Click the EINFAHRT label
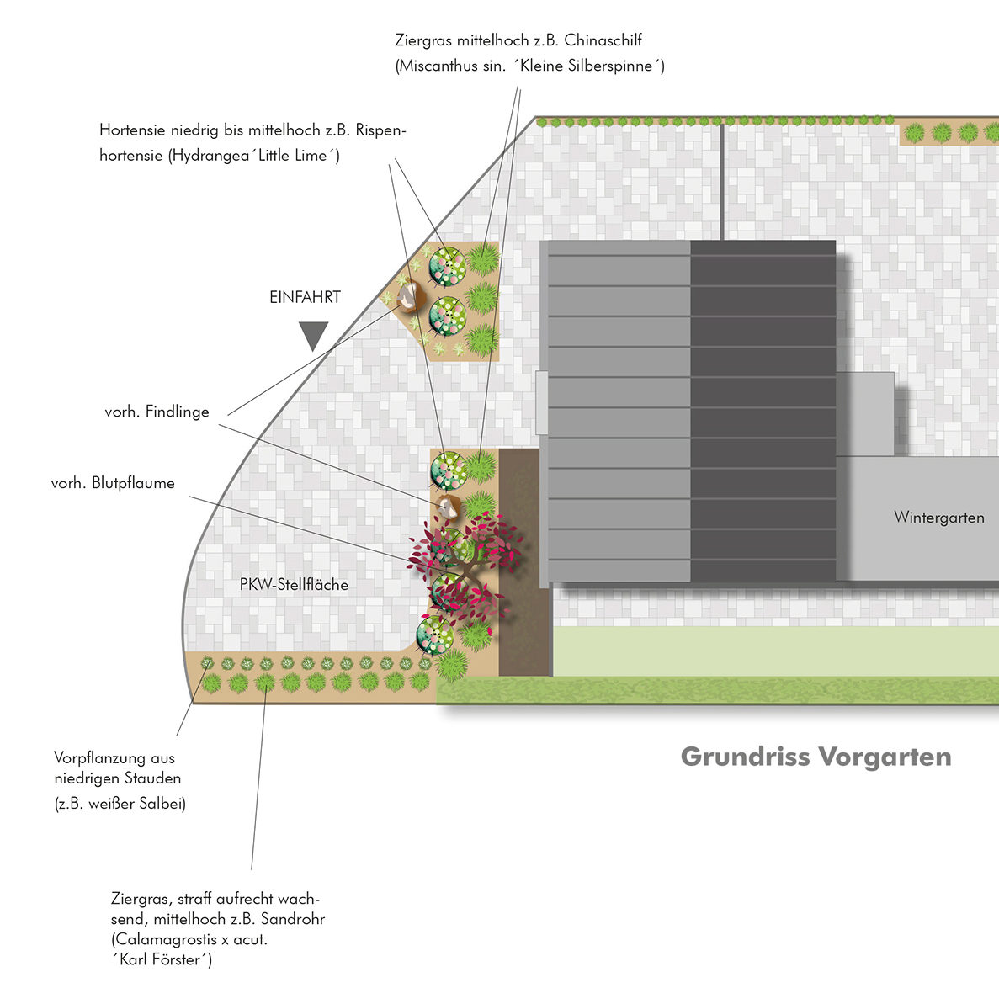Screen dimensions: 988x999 [305, 297]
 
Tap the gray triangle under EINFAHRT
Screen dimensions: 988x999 [313, 335]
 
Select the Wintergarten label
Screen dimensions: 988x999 [938, 518]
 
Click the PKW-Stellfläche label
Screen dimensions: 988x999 [294, 585]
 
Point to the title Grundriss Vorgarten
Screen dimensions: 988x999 [816, 757]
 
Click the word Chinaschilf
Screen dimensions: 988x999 [603, 40]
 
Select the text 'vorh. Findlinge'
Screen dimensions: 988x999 [157, 412]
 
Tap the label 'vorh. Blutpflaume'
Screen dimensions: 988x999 [113, 483]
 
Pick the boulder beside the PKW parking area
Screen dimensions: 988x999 [447, 506]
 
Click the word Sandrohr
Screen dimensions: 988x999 [292, 919]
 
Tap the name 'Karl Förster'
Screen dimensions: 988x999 [164, 960]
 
